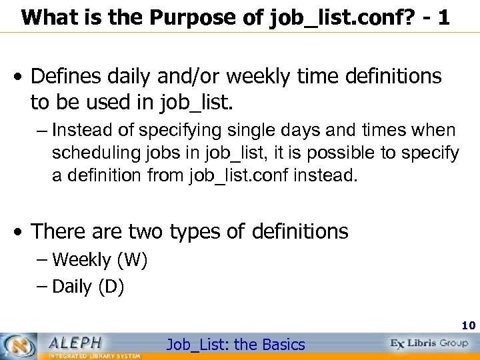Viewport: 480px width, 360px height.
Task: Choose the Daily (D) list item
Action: point(87,287)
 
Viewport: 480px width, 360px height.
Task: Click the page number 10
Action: point(467,326)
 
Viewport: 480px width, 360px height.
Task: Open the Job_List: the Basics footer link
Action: point(235,345)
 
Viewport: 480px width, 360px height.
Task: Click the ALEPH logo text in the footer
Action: point(75,342)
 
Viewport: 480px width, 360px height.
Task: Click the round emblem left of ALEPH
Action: point(21,345)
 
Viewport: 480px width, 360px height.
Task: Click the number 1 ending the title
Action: point(442,17)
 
